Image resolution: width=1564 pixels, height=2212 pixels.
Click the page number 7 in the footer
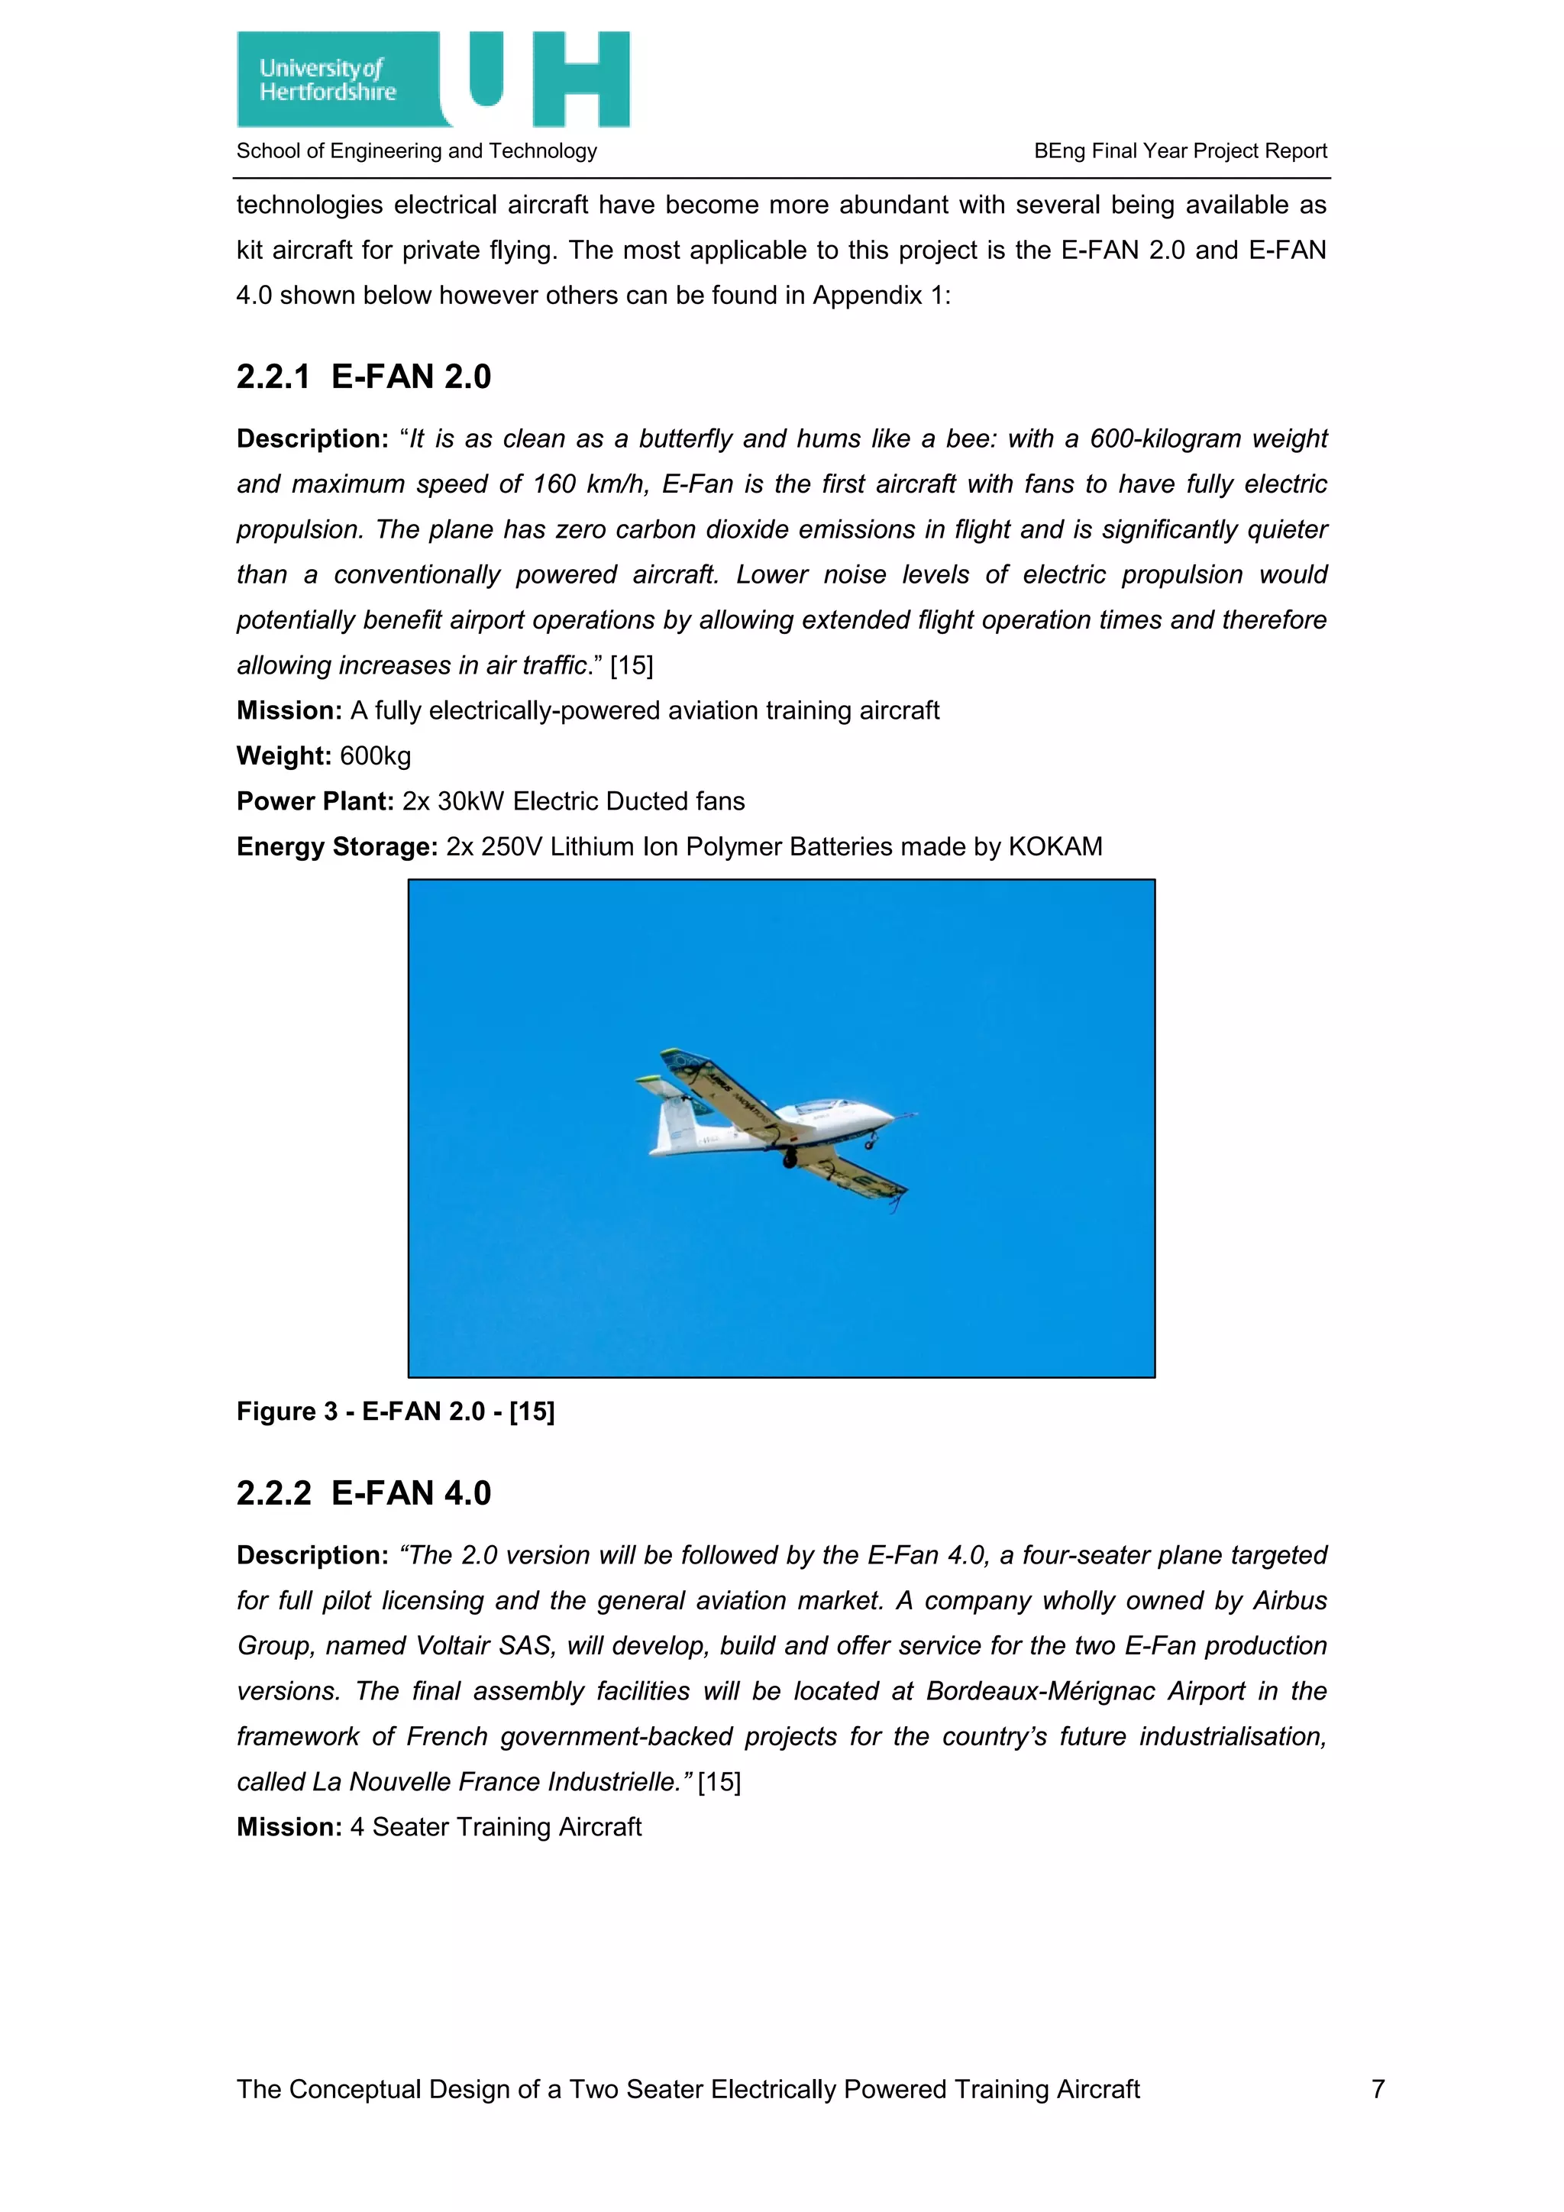point(1378,2089)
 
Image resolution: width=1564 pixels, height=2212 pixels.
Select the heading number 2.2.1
point(273,377)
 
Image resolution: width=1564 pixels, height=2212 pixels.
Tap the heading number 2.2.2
point(273,1493)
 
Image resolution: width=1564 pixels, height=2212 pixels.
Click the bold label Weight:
point(284,756)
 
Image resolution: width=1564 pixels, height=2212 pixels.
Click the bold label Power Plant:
point(315,801)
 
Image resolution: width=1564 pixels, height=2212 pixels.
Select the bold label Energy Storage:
point(337,847)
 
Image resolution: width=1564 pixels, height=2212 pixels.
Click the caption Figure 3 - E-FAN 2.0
point(396,1412)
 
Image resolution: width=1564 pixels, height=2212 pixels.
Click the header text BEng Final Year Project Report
point(1180,151)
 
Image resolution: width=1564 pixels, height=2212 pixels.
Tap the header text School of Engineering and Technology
point(416,151)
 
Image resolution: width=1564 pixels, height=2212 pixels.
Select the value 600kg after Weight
point(376,756)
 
